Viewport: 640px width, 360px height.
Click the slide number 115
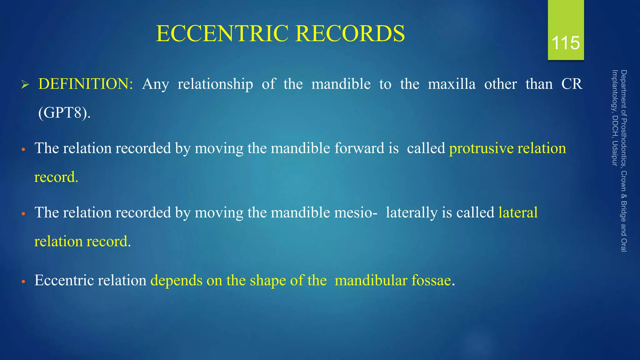566,43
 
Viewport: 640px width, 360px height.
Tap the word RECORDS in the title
350,33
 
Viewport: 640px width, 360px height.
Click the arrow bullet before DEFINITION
25,85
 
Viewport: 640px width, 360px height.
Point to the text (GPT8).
64,113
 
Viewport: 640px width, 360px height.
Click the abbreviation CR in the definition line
572,84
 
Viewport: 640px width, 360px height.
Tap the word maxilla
452,84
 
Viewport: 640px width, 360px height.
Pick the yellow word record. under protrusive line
56,177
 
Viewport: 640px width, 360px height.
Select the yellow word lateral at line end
518,213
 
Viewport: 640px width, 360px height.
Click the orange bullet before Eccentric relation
23,282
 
